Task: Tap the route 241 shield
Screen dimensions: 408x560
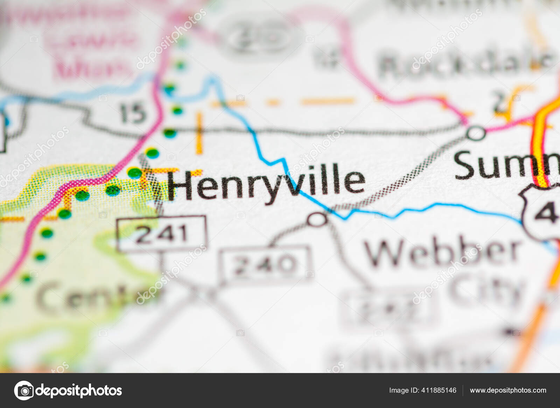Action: coord(162,234)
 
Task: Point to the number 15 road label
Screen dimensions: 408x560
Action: coord(132,113)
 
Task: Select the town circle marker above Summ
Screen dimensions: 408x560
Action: coord(476,133)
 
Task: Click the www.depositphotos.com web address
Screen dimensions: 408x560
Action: coord(508,391)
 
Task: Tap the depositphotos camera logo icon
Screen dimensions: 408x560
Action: coord(24,391)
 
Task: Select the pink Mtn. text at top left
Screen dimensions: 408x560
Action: coord(91,68)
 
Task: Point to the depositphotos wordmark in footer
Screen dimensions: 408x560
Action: coord(79,391)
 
